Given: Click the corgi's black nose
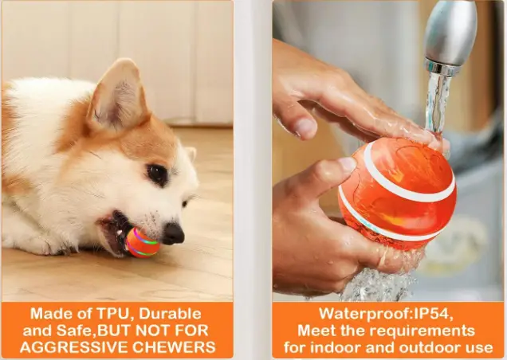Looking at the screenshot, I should tap(173, 233).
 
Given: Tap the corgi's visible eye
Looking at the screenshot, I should tap(156, 174).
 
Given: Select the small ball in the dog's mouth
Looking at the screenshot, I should tap(140, 242).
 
